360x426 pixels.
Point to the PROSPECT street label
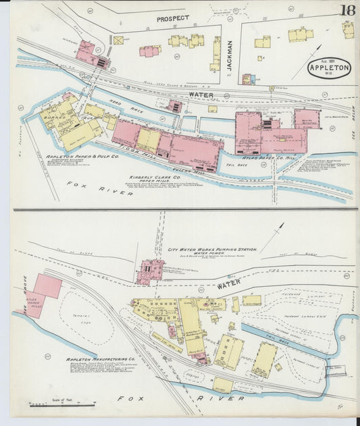point(173,19)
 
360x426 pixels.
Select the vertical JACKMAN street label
point(230,54)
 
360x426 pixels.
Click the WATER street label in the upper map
point(200,95)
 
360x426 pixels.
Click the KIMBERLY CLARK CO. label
point(154,178)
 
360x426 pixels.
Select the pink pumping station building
point(149,273)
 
